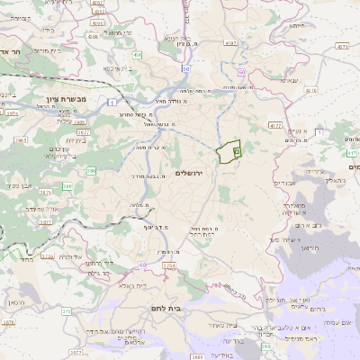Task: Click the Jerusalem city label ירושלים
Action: pyautogui.click(x=190, y=172)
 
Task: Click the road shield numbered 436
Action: pyautogui.click(x=137, y=56)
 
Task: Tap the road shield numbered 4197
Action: pyautogui.click(x=231, y=42)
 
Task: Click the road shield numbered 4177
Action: pyautogui.click(x=275, y=126)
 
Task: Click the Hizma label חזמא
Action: pyautogui.click(x=289, y=80)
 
